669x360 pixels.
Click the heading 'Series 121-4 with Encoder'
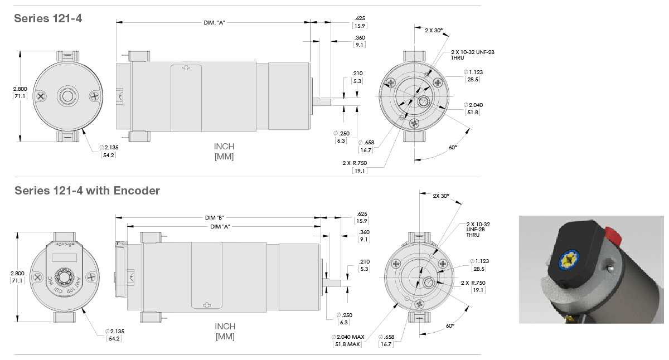87,191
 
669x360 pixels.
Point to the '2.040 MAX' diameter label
348,337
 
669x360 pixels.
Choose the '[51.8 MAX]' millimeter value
348,344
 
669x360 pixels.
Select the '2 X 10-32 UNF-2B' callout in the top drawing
473,52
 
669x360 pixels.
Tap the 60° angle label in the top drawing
452,147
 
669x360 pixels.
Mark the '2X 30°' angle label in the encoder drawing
441,196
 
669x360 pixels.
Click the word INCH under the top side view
224,147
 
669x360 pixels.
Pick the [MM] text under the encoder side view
225,337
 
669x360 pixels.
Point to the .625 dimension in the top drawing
360,18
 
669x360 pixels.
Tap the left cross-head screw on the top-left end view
41,96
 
